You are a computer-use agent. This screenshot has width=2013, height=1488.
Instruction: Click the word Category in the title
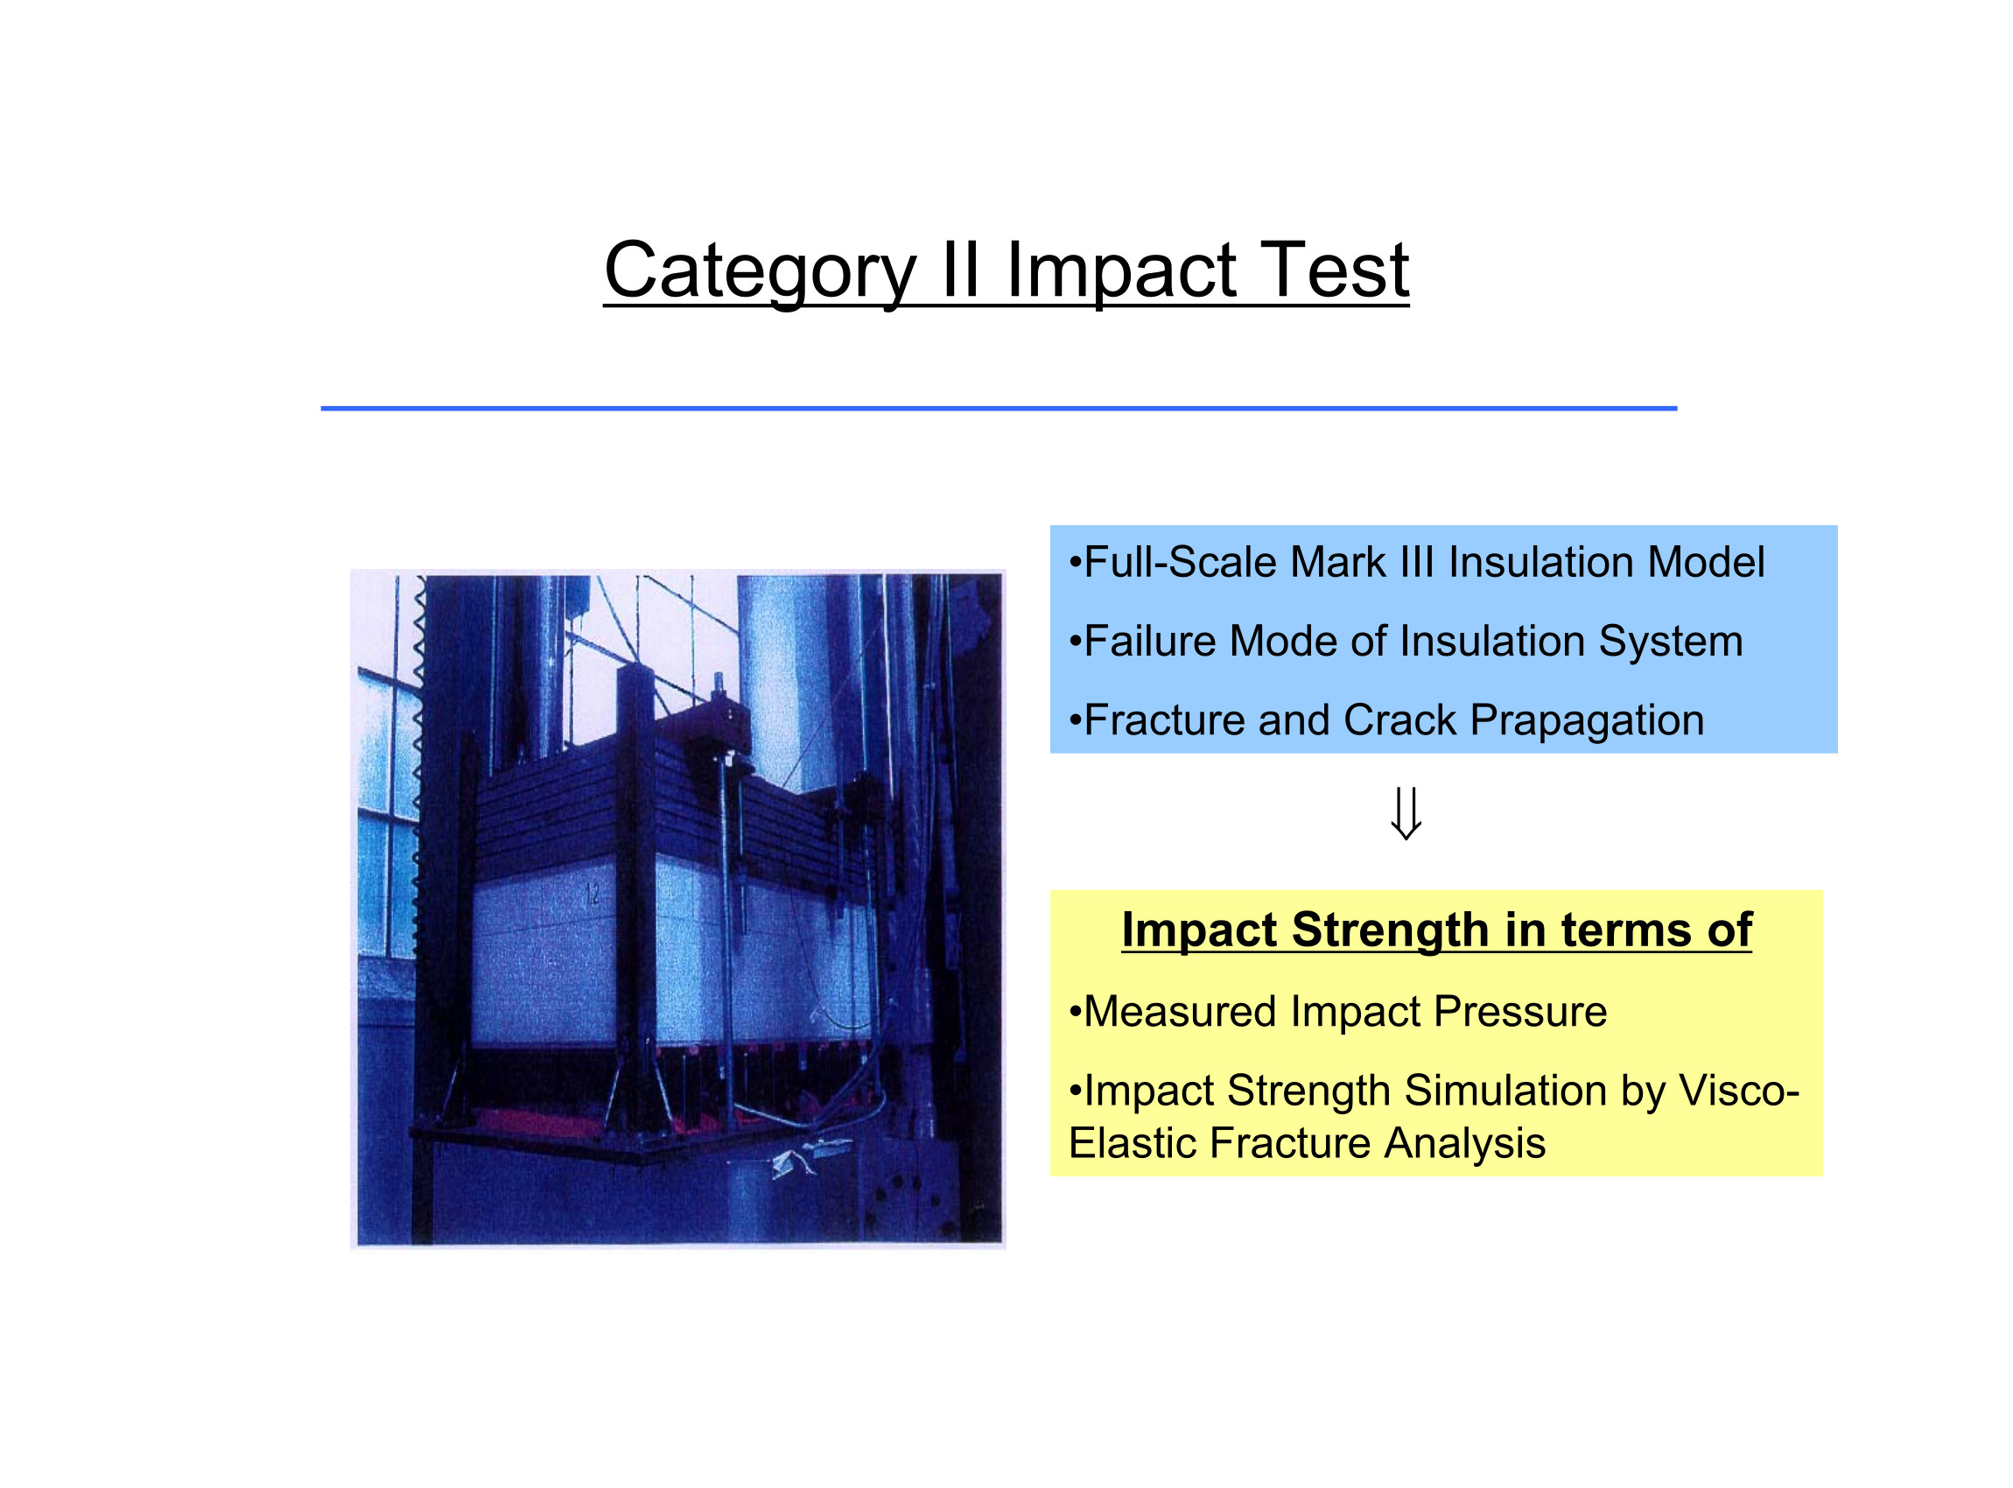pyautogui.click(x=761, y=272)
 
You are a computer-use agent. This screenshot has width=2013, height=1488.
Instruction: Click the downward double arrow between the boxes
pyautogui.click(x=1406, y=813)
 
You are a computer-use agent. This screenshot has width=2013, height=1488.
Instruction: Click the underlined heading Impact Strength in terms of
pyautogui.click(x=1436, y=930)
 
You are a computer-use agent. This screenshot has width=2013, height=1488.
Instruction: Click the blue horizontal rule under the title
pyautogui.click(x=999, y=409)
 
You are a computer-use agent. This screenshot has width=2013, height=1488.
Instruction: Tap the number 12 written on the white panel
pyautogui.click(x=593, y=895)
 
